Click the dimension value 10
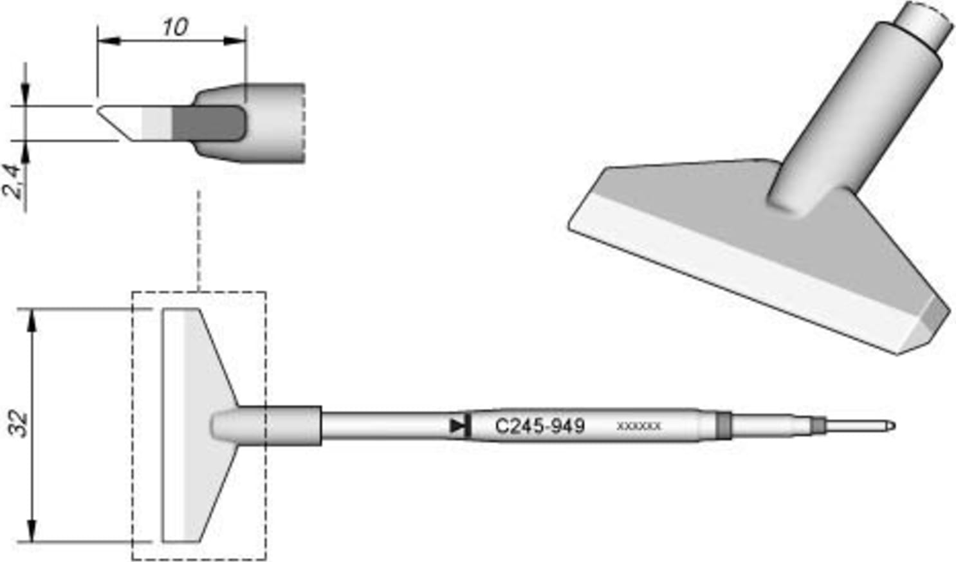pyautogui.click(x=174, y=27)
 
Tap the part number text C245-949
pyautogui.click(x=539, y=426)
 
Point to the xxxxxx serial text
pyautogui.click(x=638, y=426)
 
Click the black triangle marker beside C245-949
pyautogui.click(x=457, y=426)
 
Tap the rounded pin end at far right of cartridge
pyautogui.click(x=890, y=426)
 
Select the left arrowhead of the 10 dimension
pyautogui.click(x=107, y=41)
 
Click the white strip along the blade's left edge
pyautogui.click(x=174, y=425)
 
